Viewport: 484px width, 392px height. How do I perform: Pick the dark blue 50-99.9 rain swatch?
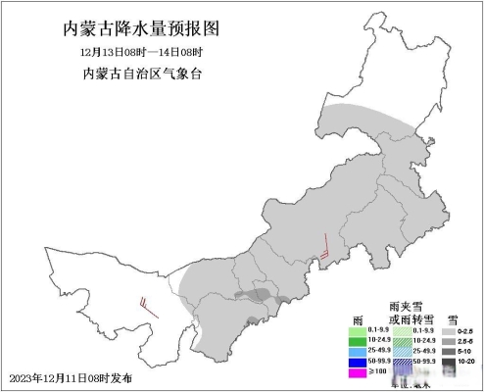point(359,362)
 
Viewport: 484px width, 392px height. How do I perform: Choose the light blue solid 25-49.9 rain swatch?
point(359,351)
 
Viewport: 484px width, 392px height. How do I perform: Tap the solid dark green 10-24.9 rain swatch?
point(359,340)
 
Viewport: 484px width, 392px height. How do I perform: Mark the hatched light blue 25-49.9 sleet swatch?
point(402,351)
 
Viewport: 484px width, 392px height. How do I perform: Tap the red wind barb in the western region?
point(149,306)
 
